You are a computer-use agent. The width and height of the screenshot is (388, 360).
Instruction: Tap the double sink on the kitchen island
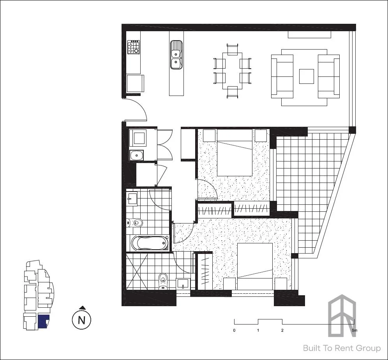176,55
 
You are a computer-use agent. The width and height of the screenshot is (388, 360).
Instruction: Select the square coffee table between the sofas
306,76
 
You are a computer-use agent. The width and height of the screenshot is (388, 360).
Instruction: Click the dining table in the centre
232,71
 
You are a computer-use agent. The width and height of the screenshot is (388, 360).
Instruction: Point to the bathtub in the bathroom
150,243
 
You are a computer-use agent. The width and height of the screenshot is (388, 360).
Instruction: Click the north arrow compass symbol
82,319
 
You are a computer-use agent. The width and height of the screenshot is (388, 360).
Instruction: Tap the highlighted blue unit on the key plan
43,321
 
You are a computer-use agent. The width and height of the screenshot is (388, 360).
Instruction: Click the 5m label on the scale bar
354,330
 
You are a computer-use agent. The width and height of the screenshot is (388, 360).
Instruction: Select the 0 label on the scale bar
234,330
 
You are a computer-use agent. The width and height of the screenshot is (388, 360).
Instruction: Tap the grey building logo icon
342,316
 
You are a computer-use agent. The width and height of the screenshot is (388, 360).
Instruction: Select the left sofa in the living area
282,76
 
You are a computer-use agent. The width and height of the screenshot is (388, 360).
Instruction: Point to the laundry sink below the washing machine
136,156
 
